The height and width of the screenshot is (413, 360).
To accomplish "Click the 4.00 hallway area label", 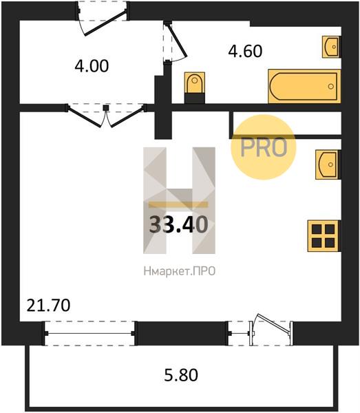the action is point(92,66).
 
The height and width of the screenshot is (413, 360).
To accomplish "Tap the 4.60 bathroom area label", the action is point(245,51).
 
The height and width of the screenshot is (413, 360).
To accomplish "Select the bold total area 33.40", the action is point(178,224).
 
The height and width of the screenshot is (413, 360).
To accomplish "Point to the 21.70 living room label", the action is point(48,306).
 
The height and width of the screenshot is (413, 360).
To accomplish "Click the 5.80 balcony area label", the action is point(181,375).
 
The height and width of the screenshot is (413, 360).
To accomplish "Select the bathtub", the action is point(304,86).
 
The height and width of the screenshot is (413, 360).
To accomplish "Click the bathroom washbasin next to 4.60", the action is point(331,47).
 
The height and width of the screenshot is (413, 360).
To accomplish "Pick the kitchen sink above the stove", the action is point(328,165).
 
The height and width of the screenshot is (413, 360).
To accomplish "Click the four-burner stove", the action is point(324,236).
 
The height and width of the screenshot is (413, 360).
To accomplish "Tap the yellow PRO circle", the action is point(264,147).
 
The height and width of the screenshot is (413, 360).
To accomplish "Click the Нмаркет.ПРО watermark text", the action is point(180,271).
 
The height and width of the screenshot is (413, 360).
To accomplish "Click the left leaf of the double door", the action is point(84,116).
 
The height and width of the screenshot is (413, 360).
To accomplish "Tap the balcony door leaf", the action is point(275,325).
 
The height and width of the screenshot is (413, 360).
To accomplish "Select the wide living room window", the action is point(89,333).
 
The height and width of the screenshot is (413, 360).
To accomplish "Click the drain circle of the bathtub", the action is point(331,86).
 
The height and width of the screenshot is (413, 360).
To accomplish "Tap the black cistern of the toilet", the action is point(195,98).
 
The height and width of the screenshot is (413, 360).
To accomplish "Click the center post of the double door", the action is point(105,108).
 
